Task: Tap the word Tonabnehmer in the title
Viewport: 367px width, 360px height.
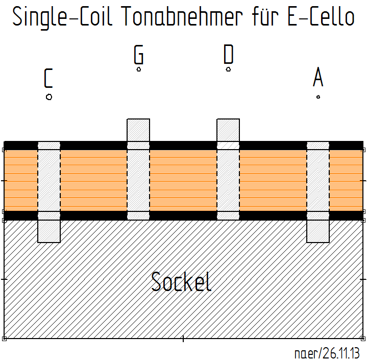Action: [181, 17]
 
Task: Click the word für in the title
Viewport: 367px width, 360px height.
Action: [260, 17]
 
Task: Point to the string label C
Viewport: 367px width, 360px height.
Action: [48, 79]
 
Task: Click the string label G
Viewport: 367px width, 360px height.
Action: [138, 55]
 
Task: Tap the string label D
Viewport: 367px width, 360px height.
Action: [228, 55]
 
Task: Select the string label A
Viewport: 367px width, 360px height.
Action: [318, 78]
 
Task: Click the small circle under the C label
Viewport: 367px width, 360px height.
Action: [49, 97]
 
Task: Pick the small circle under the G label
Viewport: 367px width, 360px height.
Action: [139, 69]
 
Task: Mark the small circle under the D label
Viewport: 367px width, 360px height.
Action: [229, 69]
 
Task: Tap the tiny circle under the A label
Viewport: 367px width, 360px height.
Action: [318, 97]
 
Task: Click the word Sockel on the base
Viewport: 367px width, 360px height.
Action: [181, 282]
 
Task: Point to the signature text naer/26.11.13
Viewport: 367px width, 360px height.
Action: [327, 353]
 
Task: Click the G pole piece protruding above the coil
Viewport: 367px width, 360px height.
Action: [138, 130]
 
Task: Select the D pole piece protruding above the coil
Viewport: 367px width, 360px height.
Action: [228, 130]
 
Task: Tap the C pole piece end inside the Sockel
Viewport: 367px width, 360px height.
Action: [49, 231]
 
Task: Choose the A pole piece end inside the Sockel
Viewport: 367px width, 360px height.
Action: [318, 231]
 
